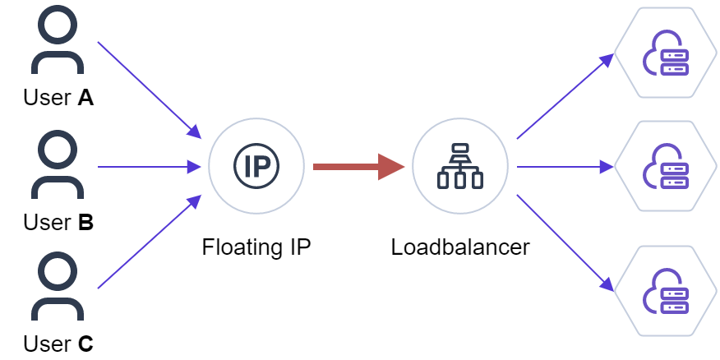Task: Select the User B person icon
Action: (x=58, y=167)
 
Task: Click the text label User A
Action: (x=58, y=99)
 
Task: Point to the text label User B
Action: (x=58, y=222)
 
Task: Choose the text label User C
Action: (x=58, y=344)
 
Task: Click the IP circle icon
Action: (x=256, y=167)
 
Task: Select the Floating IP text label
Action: (x=256, y=247)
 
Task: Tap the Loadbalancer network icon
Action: (x=459, y=167)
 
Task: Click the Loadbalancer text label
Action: (x=460, y=247)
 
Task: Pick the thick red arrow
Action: (x=358, y=167)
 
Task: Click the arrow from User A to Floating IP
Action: (x=149, y=89)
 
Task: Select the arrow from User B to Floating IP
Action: (x=149, y=167)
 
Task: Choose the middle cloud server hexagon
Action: (x=667, y=167)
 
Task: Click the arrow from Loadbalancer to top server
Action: (x=565, y=96)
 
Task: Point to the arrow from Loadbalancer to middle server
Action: (x=565, y=167)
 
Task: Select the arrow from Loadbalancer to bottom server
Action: (x=565, y=242)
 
